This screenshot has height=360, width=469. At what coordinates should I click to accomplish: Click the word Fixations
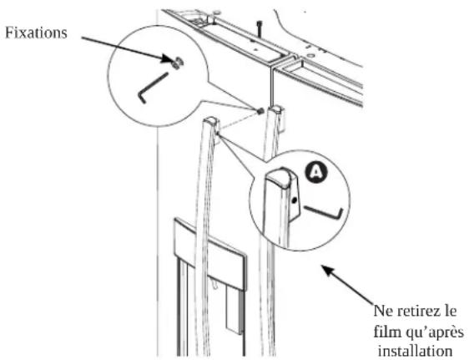(x=36, y=33)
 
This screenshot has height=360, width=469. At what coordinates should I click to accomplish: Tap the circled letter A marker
(x=316, y=173)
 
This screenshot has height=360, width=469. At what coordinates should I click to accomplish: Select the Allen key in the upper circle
(x=153, y=88)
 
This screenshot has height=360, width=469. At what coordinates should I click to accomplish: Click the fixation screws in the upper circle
(x=178, y=63)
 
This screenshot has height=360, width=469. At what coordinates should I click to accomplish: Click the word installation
(x=415, y=351)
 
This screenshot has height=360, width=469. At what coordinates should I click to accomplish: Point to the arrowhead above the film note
(x=328, y=271)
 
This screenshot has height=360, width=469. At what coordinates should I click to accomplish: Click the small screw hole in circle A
(x=295, y=200)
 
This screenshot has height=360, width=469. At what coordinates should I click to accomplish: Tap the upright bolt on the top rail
(x=260, y=28)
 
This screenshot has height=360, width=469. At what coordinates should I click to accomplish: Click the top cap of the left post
(x=210, y=121)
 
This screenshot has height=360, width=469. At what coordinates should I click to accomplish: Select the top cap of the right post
(x=275, y=109)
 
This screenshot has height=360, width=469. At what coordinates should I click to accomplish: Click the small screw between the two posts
(x=260, y=111)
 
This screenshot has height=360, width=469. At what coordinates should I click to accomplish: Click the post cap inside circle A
(x=279, y=178)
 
